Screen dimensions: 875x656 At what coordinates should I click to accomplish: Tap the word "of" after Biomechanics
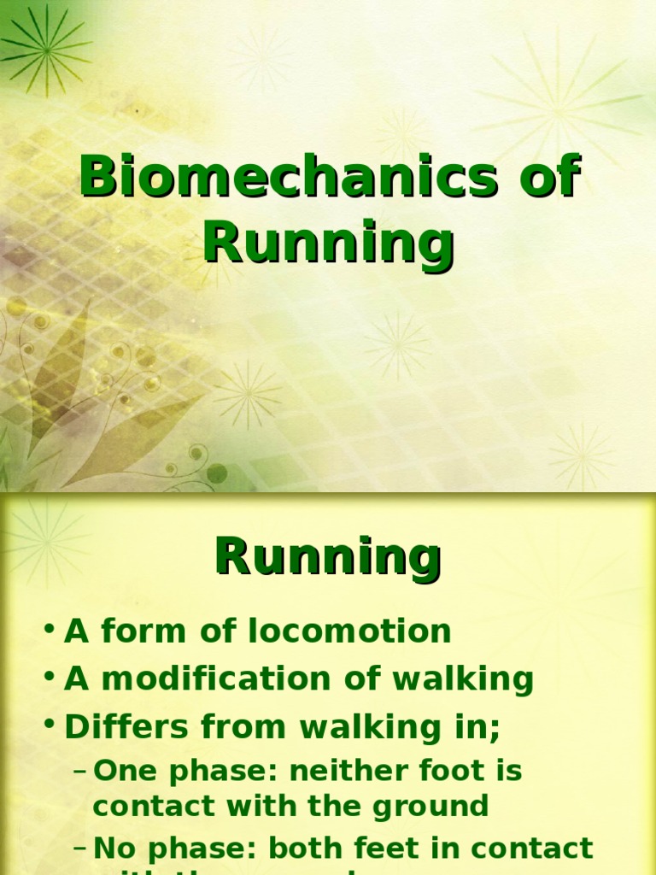[x=548, y=179]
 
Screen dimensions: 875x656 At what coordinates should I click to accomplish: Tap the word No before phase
[x=110, y=849]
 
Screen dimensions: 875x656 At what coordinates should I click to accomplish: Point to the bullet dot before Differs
[x=50, y=727]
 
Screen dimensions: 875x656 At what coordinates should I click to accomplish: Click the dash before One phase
[x=81, y=772]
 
